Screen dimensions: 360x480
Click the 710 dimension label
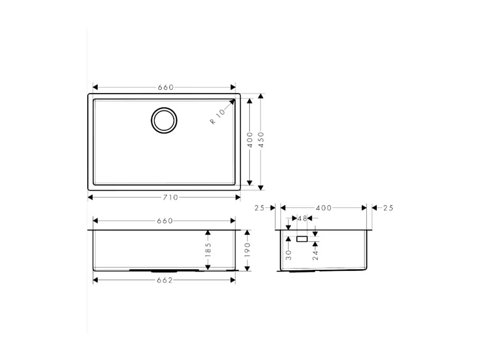[x=170, y=197]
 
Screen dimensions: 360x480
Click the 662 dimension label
[x=165, y=280]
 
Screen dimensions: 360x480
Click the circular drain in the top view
[x=164, y=120]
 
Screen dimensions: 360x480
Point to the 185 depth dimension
[x=208, y=250]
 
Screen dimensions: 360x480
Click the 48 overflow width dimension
[x=302, y=218]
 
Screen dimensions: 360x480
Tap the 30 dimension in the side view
[x=289, y=254]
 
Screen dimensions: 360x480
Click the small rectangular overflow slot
[x=302, y=239]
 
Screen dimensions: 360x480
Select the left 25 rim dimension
[x=260, y=208]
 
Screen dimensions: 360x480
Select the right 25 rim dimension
[x=388, y=208]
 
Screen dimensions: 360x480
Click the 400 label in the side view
[x=324, y=208]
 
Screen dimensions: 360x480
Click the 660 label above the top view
[x=166, y=87]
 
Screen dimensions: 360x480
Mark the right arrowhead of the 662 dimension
[x=233, y=280]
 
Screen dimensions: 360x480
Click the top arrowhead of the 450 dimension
[x=261, y=96]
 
